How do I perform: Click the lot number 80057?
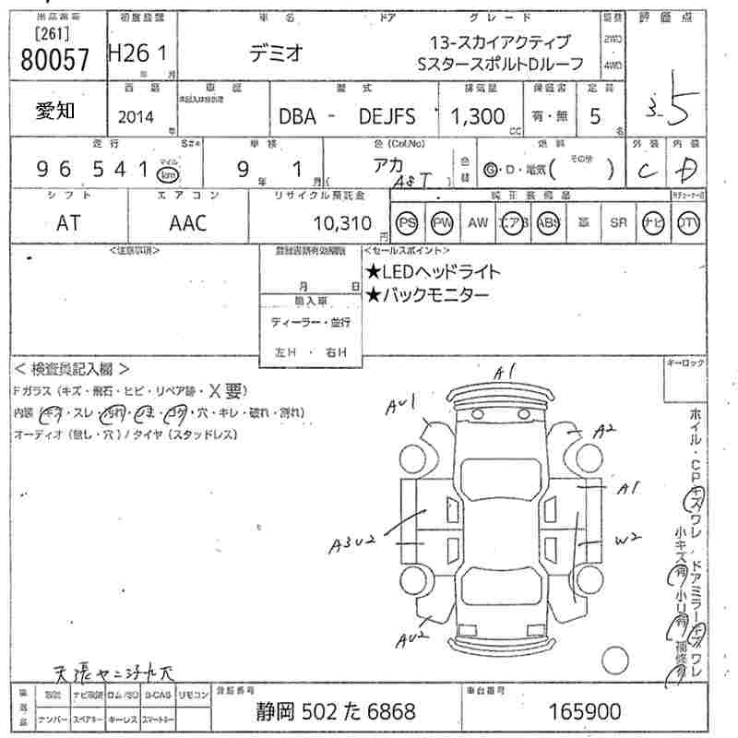click(54, 60)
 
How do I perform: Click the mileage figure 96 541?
click(92, 170)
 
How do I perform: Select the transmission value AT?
click(68, 222)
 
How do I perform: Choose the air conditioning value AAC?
click(188, 222)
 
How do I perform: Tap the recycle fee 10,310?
click(340, 222)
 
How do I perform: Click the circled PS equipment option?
click(407, 222)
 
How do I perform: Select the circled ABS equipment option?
click(548, 222)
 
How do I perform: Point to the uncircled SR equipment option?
click(618, 222)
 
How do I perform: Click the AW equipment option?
click(478, 222)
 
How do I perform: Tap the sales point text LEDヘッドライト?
click(433, 271)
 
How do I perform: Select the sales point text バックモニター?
click(425, 295)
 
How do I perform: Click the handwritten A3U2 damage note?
click(350, 545)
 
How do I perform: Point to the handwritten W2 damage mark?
click(627, 538)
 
